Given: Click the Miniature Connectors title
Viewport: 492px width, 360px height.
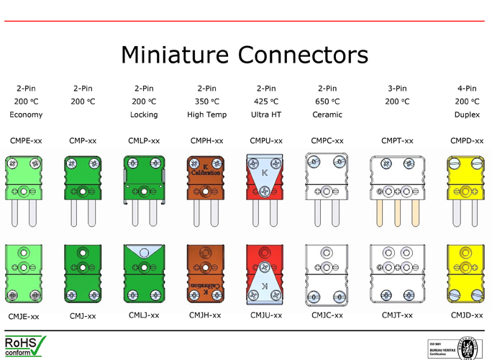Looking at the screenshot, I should click(x=245, y=55).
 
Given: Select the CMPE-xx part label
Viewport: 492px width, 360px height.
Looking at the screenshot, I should click(x=26, y=140).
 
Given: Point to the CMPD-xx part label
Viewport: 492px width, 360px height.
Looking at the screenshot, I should click(x=467, y=140).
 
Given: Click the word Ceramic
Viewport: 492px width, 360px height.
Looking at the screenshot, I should click(x=327, y=114).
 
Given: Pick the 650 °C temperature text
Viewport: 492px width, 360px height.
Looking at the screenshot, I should click(x=327, y=102).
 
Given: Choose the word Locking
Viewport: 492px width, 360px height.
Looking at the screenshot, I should click(x=144, y=114).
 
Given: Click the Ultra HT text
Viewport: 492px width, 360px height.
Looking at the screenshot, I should click(x=266, y=114).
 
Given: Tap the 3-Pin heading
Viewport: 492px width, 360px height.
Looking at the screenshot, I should click(x=397, y=89).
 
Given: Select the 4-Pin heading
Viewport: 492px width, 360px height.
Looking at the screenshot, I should click(x=467, y=89).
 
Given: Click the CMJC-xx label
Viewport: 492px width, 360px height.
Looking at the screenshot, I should click(x=327, y=315).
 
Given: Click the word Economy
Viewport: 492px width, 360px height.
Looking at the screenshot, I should click(x=26, y=114).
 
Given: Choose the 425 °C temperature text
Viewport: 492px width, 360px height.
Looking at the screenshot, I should click(x=266, y=102).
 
